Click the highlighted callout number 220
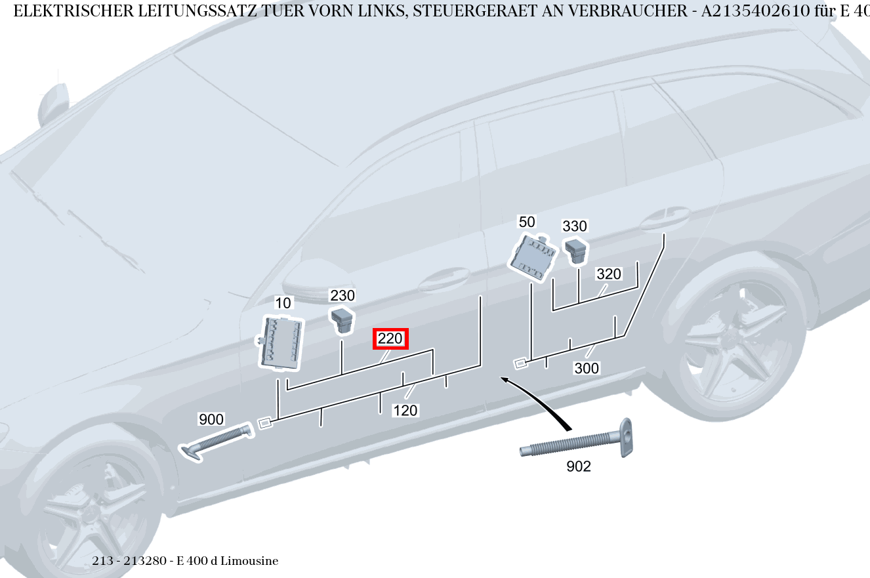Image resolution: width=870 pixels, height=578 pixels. click(x=391, y=339)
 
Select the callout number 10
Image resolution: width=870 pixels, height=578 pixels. click(x=283, y=303)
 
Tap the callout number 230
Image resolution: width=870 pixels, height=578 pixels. click(x=342, y=295)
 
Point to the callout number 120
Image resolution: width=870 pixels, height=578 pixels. click(x=405, y=411)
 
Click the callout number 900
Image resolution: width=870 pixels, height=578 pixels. click(x=211, y=419)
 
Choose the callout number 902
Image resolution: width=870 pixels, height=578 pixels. click(x=578, y=466)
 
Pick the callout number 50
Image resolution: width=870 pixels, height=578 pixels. click(x=527, y=222)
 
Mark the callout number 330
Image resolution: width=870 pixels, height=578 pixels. click(x=575, y=226)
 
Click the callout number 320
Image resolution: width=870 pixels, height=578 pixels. click(x=608, y=274)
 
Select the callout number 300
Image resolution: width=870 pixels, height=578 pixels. click(x=587, y=369)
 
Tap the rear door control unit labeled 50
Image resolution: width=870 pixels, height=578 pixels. click(x=533, y=258)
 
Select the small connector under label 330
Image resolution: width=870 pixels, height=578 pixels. click(x=577, y=250)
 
